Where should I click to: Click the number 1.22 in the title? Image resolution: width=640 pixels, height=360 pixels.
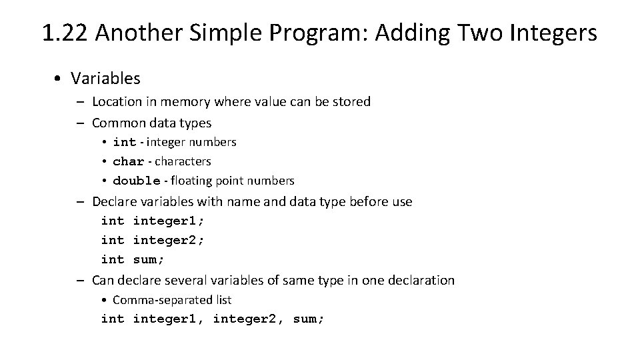pyautogui.click(x=65, y=32)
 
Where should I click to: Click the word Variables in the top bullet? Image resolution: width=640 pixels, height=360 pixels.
pyautogui.click(x=106, y=78)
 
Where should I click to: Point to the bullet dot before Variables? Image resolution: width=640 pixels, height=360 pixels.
pyautogui.click(x=59, y=79)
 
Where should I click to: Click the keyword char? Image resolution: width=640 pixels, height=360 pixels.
pyautogui.click(x=129, y=161)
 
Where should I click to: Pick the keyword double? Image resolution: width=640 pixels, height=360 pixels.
pyautogui.click(x=137, y=181)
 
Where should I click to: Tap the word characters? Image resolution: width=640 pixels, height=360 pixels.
pyautogui.click(x=183, y=161)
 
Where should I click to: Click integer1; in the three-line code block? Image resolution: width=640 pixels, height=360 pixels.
pyautogui.click(x=169, y=221)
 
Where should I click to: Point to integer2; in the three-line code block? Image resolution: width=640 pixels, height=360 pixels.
pyautogui.click(x=169, y=240)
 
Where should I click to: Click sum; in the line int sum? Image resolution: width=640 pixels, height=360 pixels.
pyautogui.click(x=149, y=259)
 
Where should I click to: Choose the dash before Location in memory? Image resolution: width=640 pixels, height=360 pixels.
pyautogui.click(x=79, y=102)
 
